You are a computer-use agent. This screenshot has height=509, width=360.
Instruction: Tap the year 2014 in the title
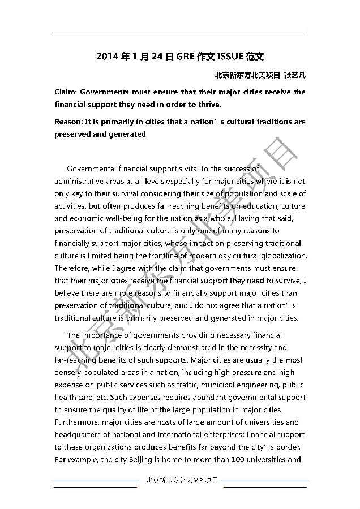tap(106, 57)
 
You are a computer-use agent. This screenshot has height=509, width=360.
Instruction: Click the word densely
tap(68, 373)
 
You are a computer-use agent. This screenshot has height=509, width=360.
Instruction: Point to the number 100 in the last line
tap(239, 460)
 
